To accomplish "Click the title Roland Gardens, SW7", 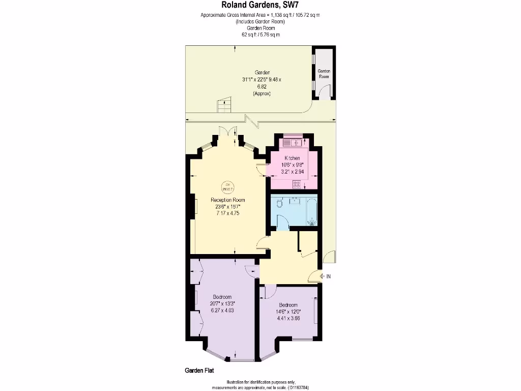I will [260, 6].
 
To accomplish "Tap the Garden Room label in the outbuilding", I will [324, 73].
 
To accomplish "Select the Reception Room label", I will [228, 200].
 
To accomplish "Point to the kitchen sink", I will [297, 142].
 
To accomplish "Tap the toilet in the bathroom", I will [279, 204].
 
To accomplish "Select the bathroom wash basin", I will [296, 201].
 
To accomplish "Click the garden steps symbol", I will [223, 106].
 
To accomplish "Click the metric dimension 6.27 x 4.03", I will [222, 310].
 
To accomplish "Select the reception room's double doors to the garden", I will [228, 131].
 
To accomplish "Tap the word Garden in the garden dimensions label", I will [263, 72].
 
